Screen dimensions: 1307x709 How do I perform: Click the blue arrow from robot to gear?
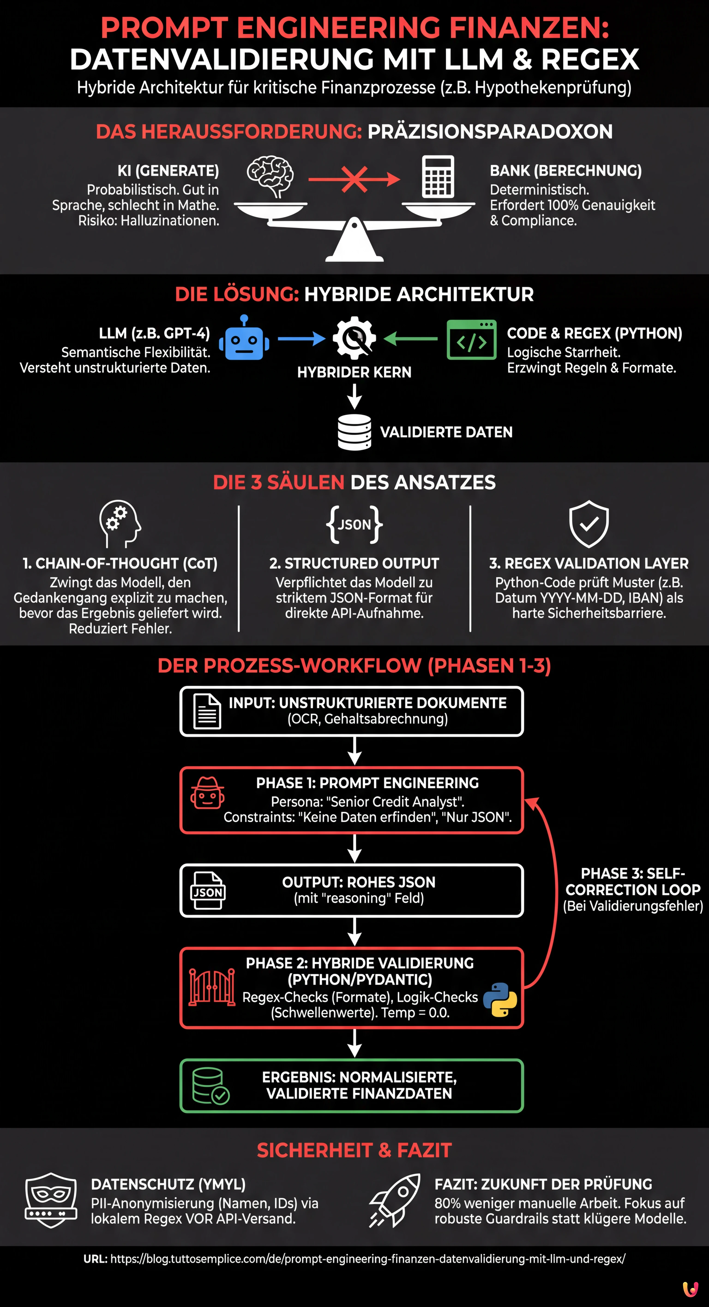(301, 338)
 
